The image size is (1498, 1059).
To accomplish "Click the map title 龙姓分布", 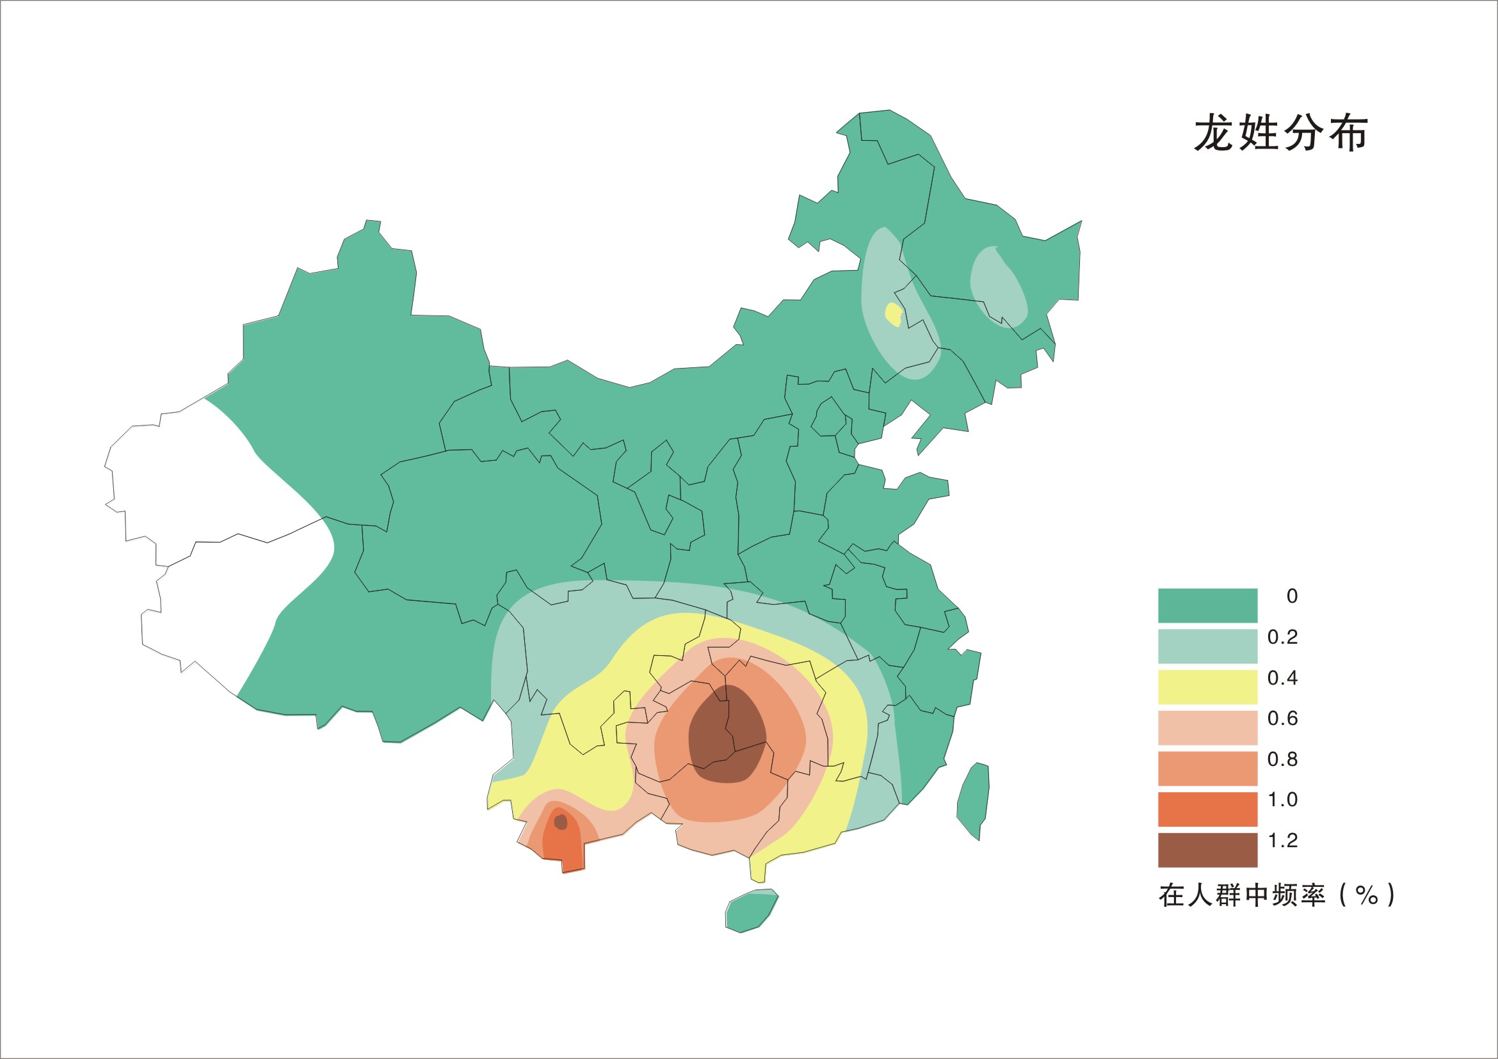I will coord(1280,134).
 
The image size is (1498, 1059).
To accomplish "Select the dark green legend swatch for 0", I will coord(1207,605).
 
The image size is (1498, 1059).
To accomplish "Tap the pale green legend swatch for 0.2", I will coord(1207,646).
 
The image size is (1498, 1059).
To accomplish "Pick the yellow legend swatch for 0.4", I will coord(1207,687).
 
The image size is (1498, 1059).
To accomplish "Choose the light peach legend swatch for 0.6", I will coord(1207,727).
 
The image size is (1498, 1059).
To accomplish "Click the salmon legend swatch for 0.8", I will coord(1207,768).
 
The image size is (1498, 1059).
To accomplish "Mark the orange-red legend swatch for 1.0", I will coord(1207,809).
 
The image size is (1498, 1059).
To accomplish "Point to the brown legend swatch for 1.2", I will coord(1207,850).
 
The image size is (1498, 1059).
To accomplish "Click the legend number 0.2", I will coord(1282,637).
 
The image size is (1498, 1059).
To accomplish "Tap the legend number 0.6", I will coord(1282,719).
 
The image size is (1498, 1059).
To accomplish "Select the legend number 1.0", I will coord(1282,799).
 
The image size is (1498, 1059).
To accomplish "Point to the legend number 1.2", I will coord(1282,841).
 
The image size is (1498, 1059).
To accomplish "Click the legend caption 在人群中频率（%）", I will coord(1276,895).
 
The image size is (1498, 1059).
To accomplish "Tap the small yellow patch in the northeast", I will coord(892,314).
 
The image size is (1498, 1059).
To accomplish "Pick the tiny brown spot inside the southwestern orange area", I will coord(560,822).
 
